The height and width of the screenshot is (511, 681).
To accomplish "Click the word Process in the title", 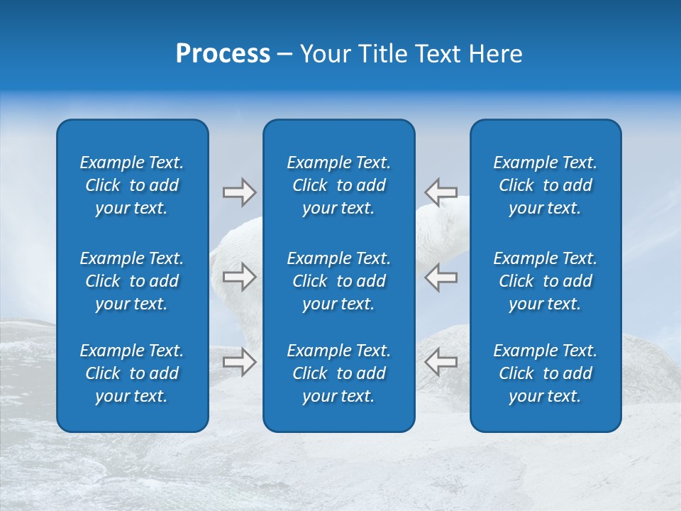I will (223, 54).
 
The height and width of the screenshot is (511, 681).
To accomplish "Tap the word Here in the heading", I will (497, 54).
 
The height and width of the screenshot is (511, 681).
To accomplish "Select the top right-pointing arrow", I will (239, 192).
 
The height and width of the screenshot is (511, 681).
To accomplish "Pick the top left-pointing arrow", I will (441, 192).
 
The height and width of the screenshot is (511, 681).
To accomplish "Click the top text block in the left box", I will (132, 185).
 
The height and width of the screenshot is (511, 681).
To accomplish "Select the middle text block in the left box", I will (132, 281).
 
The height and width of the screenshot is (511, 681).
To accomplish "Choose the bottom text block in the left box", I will (132, 373).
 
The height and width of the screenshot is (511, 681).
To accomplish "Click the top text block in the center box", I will (339, 185).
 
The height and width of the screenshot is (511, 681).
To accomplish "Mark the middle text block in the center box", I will (339, 281).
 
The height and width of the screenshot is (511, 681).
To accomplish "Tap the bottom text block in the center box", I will (339, 373).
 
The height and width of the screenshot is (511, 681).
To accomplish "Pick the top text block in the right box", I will (546, 185).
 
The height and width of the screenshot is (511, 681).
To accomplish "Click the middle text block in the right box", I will (546, 281).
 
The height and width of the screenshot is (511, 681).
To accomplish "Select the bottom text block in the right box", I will (546, 373).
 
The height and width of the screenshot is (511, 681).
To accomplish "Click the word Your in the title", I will (325, 54).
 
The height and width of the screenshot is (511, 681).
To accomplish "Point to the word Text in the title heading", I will (439, 54).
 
